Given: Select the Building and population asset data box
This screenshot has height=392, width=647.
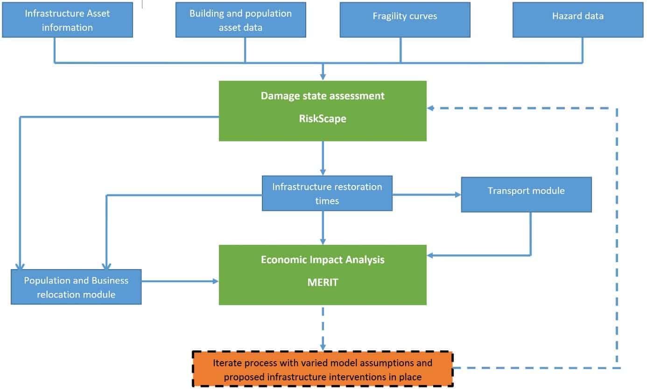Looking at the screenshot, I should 240,20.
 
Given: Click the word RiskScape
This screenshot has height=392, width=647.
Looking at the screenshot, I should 323,119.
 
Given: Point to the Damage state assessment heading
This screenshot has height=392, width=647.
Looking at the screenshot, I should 323,96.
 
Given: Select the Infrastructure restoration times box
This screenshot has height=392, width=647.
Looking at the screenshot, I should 327,193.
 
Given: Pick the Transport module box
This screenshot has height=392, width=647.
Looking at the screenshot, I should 526,194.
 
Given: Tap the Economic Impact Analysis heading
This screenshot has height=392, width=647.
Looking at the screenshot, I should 323,260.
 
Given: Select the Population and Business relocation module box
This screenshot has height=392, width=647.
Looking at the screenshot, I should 76,287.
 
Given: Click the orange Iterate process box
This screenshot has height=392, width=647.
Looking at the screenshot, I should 323,369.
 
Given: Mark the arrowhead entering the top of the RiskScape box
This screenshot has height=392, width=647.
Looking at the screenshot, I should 323,77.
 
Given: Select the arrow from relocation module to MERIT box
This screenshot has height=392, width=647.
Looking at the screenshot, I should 180,281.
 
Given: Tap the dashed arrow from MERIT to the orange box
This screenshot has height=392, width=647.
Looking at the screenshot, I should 323,327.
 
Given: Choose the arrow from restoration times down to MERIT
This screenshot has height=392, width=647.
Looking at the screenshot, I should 323,227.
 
